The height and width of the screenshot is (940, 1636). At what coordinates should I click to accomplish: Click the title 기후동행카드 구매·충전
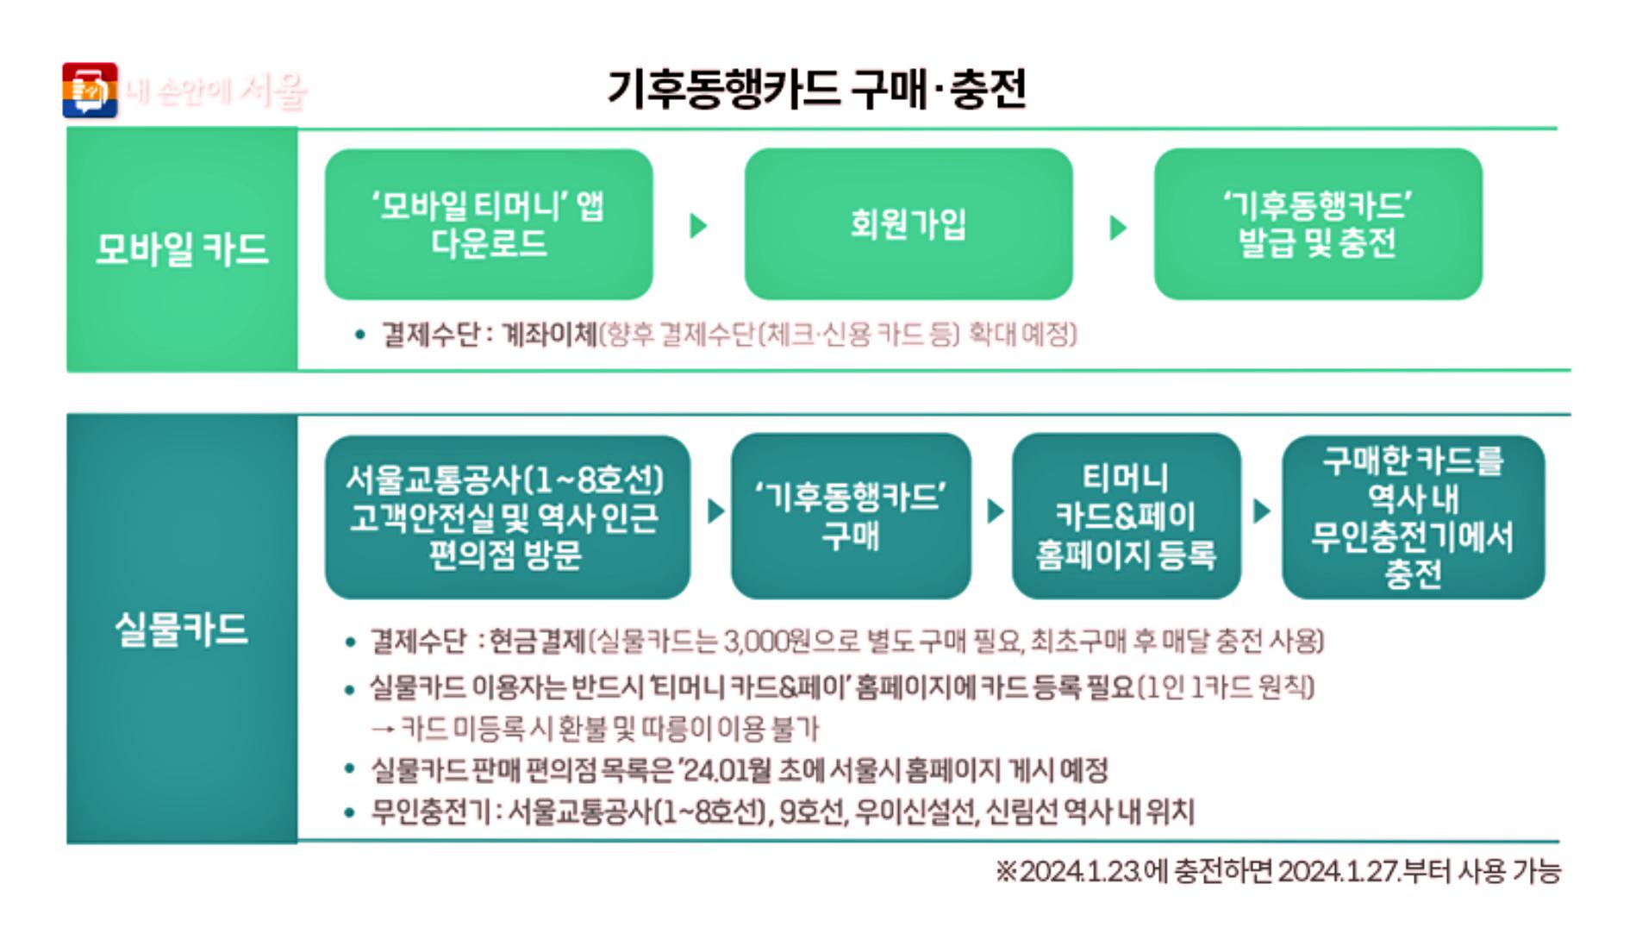pos(816,89)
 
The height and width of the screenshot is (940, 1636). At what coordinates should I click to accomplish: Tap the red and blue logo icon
pos(90,90)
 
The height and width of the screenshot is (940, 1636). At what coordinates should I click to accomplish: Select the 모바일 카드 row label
pos(182,249)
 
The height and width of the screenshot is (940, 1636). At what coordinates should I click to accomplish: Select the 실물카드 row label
pos(182,629)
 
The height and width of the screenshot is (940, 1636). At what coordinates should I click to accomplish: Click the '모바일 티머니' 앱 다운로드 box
pos(489,224)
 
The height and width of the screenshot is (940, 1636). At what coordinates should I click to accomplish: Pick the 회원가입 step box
pos(908,224)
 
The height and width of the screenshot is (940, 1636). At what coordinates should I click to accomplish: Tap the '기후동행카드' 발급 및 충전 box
pos(1317,224)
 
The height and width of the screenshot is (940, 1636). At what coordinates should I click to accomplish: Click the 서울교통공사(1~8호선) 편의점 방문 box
pos(507,516)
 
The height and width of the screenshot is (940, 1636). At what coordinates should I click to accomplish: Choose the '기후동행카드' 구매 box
pos(851,516)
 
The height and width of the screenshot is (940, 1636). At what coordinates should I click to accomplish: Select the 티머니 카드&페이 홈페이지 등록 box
pos(1126,516)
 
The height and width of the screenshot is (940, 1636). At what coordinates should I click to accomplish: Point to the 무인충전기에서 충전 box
pos(1413,516)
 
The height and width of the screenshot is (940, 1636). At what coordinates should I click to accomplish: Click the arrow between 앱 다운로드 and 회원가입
pos(698,226)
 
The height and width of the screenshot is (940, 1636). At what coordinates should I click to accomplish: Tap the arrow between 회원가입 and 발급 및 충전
pos(1118,228)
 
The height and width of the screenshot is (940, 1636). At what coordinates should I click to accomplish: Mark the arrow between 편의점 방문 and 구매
pos(715,511)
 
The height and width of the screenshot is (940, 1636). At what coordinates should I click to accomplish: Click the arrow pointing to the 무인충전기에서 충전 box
pos(1262,511)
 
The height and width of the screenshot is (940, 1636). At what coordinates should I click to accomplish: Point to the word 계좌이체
pos(549,334)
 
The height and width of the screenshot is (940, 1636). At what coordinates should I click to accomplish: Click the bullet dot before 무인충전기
pos(349,812)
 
